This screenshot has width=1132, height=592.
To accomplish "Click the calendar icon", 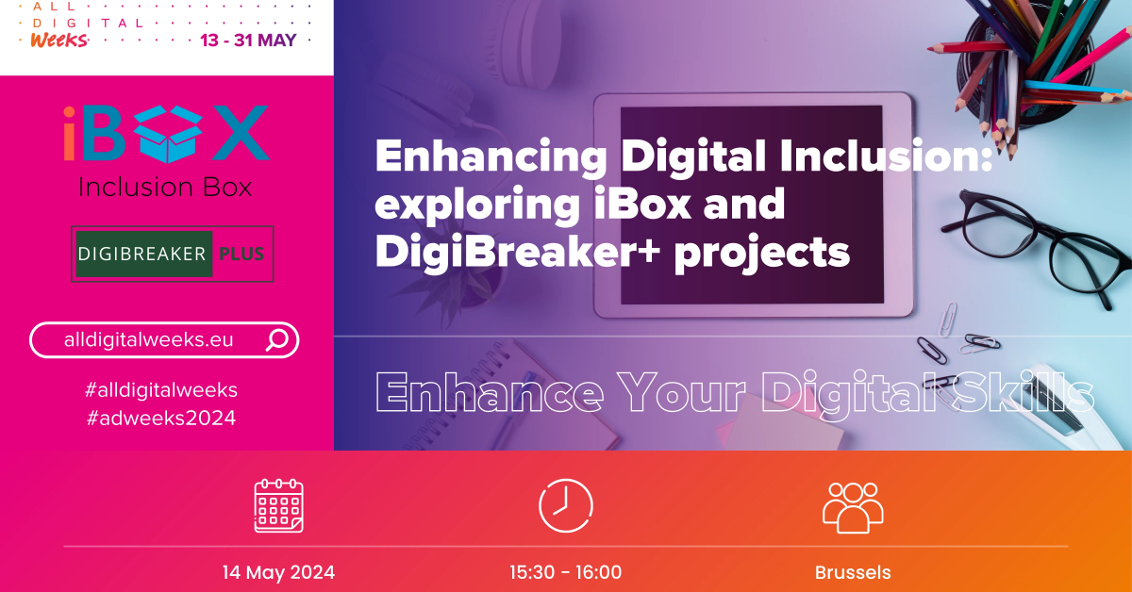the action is click(278, 505).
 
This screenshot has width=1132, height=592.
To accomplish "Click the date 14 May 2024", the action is click(278, 572).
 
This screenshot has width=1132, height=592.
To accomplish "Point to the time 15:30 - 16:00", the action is click(565, 572).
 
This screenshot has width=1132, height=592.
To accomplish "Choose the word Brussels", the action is click(853, 573).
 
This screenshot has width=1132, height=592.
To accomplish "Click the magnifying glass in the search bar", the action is click(277, 340).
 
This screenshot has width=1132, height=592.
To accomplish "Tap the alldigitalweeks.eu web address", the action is click(149, 340).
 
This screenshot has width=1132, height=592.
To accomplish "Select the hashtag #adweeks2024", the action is click(161, 419).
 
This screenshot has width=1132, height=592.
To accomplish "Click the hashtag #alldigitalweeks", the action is click(161, 390).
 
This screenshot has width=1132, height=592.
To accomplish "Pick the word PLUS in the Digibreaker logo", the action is click(241, 254).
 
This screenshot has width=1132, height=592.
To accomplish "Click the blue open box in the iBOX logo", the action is click(168, 135).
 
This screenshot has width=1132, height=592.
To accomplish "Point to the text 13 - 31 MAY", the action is click(248, 41).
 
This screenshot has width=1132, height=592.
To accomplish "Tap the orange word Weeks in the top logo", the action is click(59, 40).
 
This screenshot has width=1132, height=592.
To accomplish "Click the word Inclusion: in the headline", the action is click(886, 156).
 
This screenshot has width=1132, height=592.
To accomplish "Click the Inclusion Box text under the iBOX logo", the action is click(165, 188).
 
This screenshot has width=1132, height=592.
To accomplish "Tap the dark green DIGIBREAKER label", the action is click(143, 254).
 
